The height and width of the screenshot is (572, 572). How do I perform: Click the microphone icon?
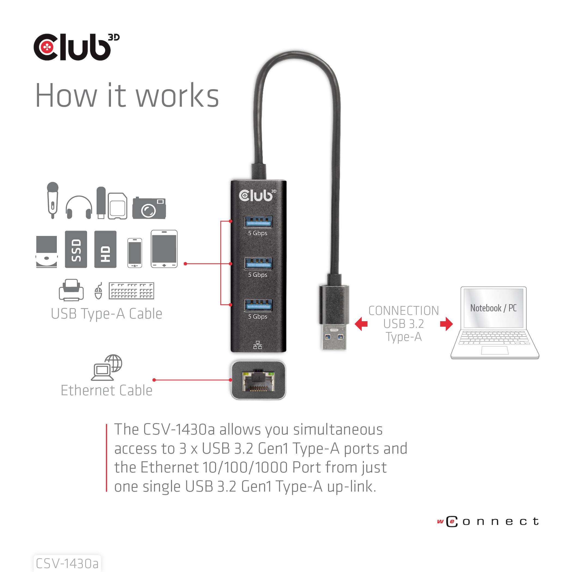click(x=52, y=200)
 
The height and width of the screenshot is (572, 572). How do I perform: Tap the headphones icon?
click(x=79, y=207)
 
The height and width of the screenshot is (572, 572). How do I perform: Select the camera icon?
click(x=149, y=208)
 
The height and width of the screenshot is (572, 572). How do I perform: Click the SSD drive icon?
click(x=76, y=249)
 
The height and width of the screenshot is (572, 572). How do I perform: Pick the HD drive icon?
click(x=105, y=249)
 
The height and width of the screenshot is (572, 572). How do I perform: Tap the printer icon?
click(x=71, y=290)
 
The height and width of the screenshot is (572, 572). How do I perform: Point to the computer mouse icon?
click(x=98, y=291)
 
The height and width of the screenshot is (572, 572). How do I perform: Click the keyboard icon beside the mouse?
click(x=132, y=291)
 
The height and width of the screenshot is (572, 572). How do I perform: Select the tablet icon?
click(x=164, y=249)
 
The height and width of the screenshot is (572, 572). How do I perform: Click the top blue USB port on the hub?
click(x=258, y=221)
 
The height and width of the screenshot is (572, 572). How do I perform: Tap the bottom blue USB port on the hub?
click(x=258, y=305)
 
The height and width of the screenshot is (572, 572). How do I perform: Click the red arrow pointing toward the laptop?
click(x=446, y=324)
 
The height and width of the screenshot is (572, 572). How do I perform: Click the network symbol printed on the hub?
click(x=258, y=345)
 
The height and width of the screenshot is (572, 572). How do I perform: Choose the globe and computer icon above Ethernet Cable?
click(x=107, y=367)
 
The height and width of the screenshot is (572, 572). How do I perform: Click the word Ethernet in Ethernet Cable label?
click(x=87, y=391)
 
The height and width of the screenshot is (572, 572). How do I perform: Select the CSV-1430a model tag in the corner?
click(x=67, y=563)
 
